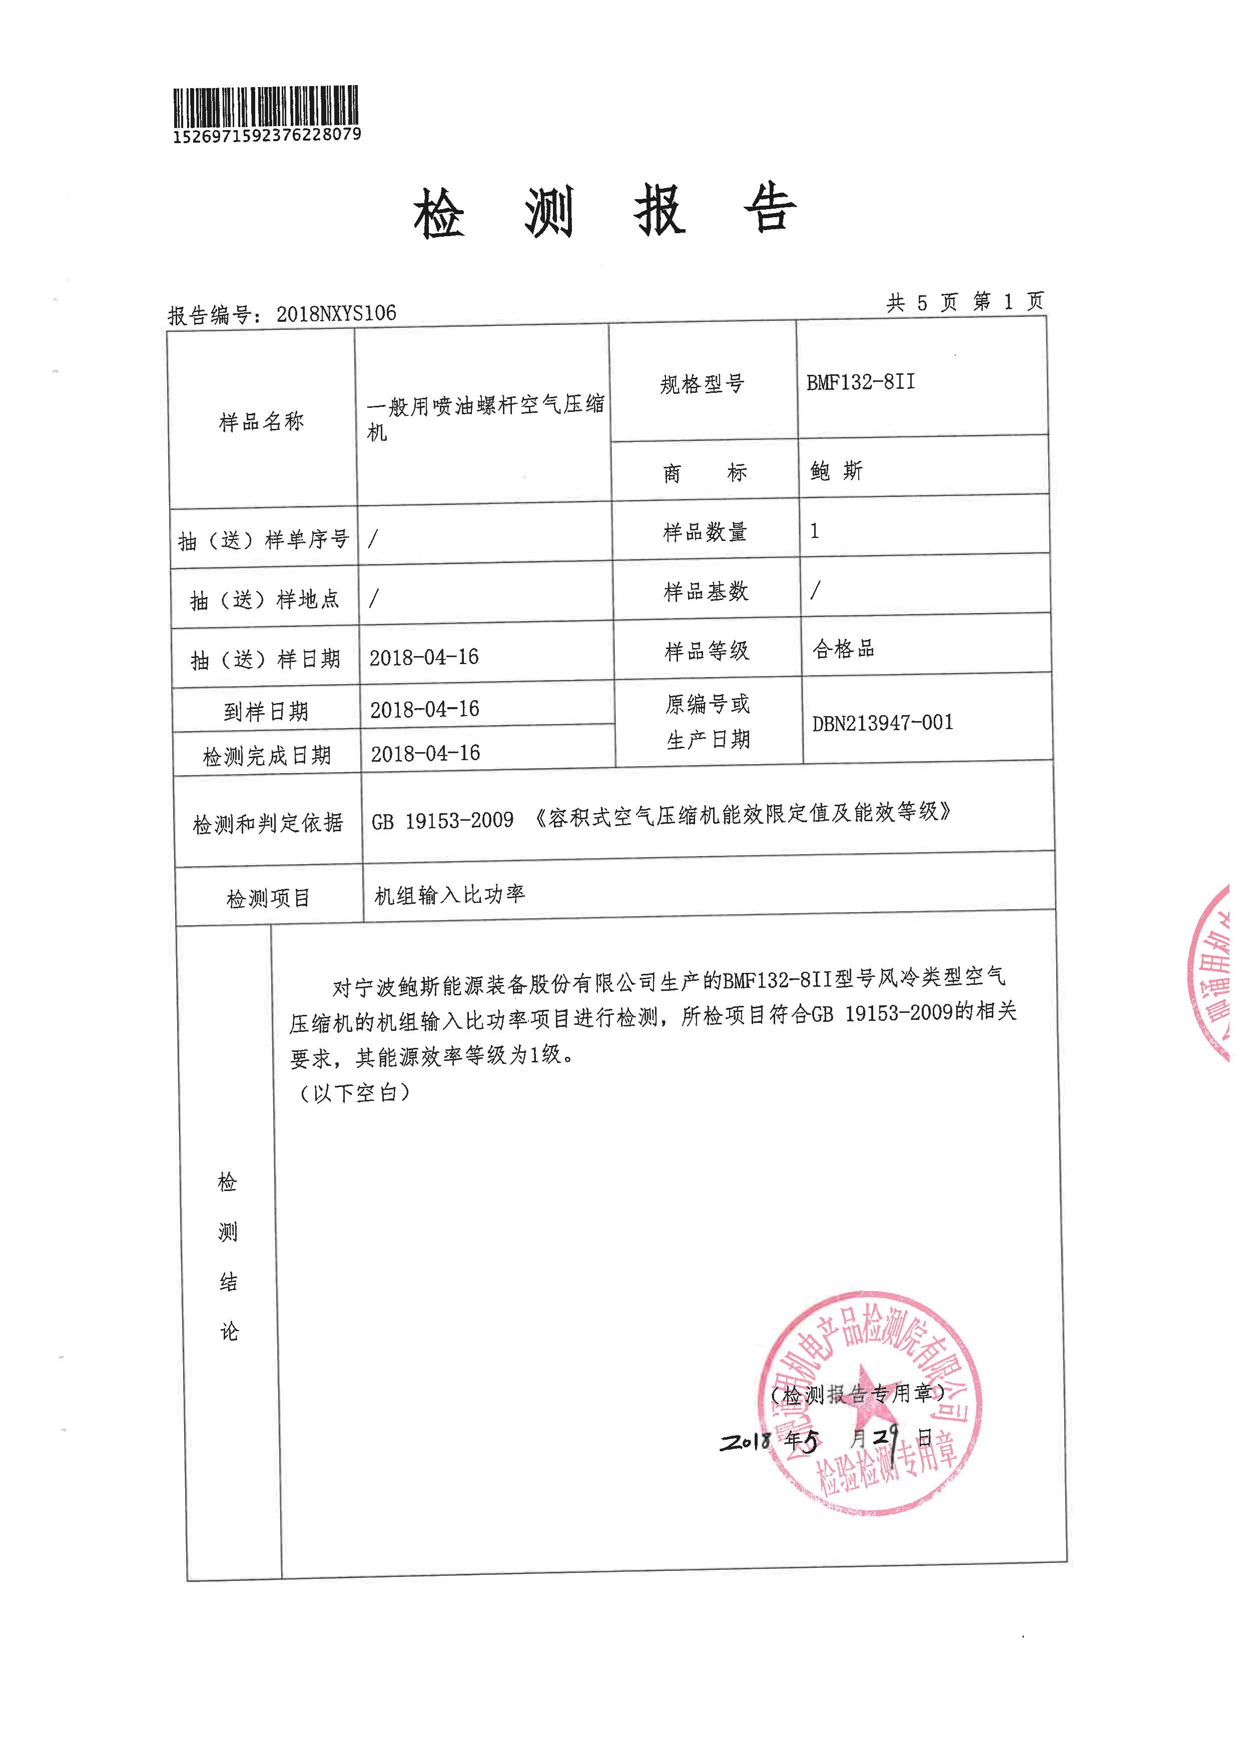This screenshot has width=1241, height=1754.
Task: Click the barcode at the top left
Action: [266, 107]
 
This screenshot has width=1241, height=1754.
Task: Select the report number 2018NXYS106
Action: [336, 313]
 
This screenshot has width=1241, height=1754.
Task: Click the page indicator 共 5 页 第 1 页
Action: [964, 303]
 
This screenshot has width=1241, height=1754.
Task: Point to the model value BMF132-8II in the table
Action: [861, 382]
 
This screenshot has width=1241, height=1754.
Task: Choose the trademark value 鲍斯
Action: [836, 471]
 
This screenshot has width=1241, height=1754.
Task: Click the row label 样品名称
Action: [261, 421]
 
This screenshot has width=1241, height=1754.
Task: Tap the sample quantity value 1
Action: [815, 530]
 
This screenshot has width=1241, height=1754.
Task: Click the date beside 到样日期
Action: [425, 709]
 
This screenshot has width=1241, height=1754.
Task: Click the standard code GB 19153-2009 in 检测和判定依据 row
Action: [442, 821]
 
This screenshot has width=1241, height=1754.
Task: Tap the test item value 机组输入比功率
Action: [449, 895]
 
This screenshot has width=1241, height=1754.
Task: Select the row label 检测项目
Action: [268, 898]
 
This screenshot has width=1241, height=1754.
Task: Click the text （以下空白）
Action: [352, 1093]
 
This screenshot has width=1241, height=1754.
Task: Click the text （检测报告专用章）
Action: [857, 1395]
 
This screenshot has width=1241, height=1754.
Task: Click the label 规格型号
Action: [702, 384]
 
